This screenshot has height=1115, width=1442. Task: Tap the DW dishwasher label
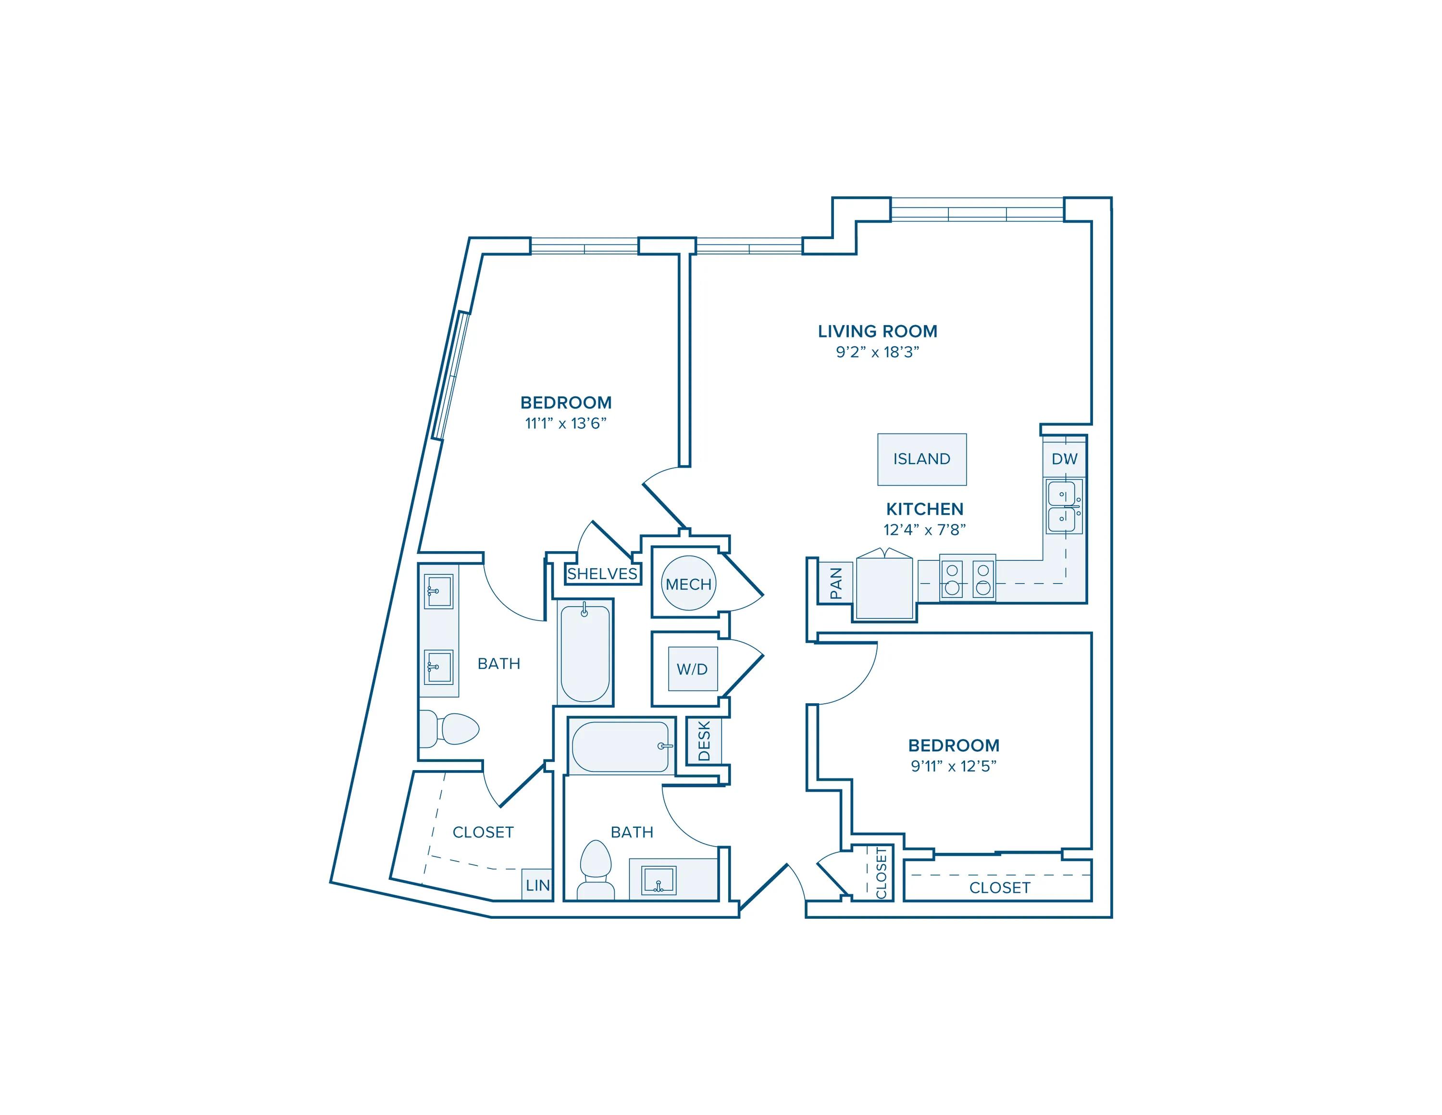click(x=1064, y=459)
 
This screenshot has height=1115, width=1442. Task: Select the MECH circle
click(x=689, y=584)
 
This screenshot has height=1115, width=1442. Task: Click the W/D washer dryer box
click(x=692, y=669)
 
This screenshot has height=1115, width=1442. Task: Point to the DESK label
click(x=704, y=740)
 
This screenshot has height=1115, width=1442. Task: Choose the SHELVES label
click(x=602, y=574)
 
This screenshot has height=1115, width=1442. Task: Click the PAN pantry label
click(x=836, y=583)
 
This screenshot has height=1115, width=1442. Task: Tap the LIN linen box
click(x=537, y=885)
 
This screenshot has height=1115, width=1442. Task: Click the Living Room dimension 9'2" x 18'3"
click(x=878, y=352)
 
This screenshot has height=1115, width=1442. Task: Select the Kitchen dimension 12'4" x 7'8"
click(x=924, y=530)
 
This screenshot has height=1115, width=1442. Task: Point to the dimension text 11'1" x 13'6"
click(x=566, y=423)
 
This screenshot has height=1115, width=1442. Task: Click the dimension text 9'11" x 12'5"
click(x=954, y=766)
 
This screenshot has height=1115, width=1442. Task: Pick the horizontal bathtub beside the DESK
click(x=621, y=747)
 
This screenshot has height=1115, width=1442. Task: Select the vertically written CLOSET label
click(x=881, y=873)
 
